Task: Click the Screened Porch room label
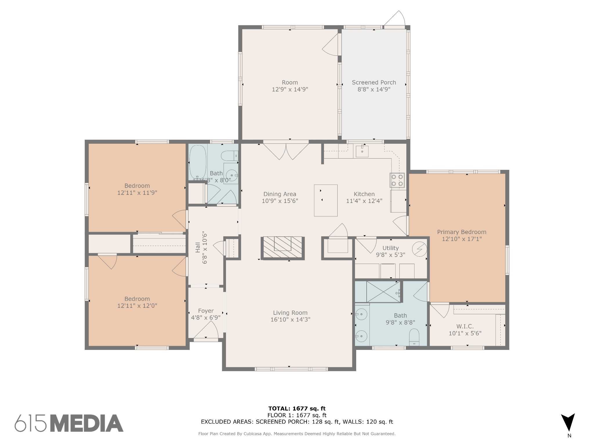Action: click(374, 82)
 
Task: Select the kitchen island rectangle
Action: click(326, 200)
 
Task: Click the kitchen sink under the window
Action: click(362, 151)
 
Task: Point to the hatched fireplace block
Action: click(283, 248)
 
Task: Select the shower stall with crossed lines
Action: click(383, 292)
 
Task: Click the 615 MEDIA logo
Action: click(69, 423)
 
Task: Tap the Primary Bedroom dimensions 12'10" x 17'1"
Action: click(462, 239)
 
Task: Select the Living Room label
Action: click(290, 313)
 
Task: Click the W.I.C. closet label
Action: click(465, 327)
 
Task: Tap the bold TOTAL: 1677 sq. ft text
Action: click(297, 409)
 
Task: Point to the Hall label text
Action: click(198, 247)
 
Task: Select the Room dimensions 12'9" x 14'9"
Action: click(290, 89)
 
